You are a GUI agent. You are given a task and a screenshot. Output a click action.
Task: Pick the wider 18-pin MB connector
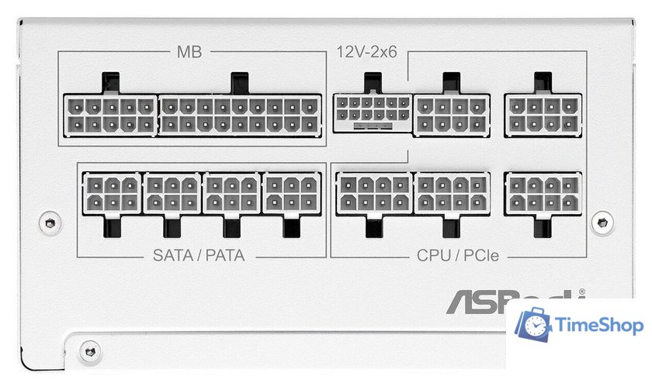point(241,115)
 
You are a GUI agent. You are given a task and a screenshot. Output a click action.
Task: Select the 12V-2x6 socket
point(372,113)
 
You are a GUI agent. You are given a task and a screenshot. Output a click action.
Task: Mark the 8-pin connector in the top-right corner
point(543,114)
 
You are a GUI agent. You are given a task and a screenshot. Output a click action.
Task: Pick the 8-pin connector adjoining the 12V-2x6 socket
point(451,114)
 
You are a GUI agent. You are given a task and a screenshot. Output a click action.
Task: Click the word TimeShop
point(600,326)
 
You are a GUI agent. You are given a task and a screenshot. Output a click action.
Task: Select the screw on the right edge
point(601,223)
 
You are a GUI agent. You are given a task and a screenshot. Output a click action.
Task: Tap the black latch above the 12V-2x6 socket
point(373,81)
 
